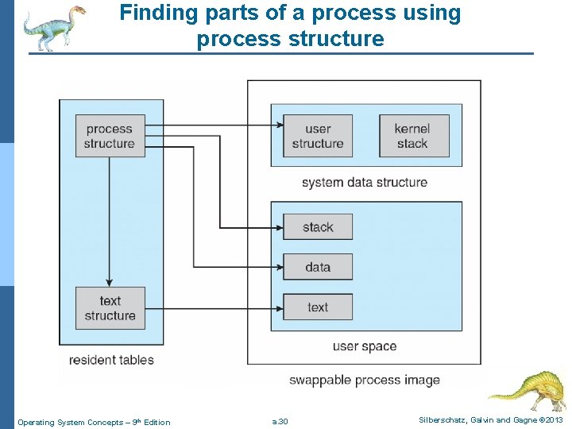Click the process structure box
coord(110,136)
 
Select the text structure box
coord(110,308)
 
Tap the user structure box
coord(318,136)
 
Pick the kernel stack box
coord(413,136)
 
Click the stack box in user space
coord(318,227)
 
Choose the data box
coord(318,267)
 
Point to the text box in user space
coord(318,307)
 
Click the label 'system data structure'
coord(365,183)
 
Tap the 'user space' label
coord(365,346)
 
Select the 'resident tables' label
coord(111,360)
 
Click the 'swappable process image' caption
coord(365,380)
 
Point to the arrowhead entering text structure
coord(110,282)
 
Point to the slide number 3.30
coord(280,422)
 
